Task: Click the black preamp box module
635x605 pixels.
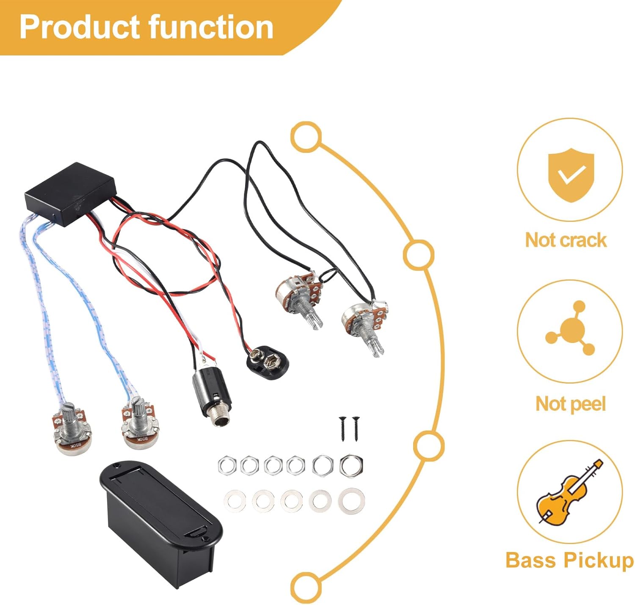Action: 70,194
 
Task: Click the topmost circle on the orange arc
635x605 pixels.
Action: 306,137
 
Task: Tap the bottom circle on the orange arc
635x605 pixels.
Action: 306,587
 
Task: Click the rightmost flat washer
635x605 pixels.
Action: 351,501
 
